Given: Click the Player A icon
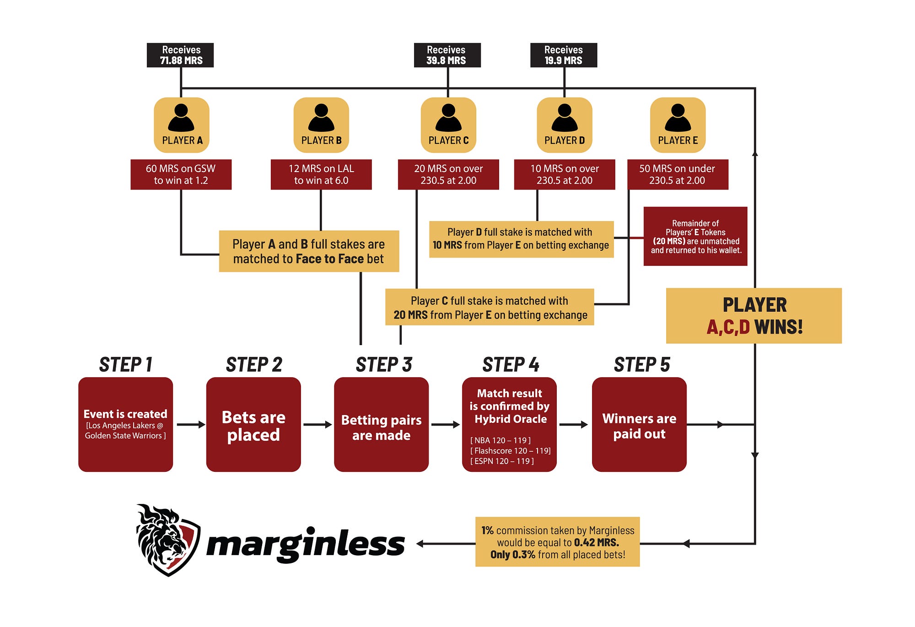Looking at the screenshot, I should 182,124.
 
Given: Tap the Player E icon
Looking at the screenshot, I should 678,124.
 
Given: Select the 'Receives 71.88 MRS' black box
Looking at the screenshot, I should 180,55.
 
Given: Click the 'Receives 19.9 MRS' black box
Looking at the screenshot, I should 564,55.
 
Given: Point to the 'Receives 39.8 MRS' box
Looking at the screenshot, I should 447,55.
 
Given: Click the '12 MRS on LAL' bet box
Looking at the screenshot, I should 321,174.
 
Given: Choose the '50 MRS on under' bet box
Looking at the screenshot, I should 677,174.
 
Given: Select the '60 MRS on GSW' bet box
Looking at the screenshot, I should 181,174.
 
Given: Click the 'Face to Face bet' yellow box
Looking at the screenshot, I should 309,251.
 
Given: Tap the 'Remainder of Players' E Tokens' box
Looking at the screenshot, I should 695,236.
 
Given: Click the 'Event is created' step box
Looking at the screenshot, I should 125,424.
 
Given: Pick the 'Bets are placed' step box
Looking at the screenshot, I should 253,424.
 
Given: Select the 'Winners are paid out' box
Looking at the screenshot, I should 639,424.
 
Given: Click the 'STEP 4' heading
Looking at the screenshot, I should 511,365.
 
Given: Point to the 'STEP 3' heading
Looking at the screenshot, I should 384,365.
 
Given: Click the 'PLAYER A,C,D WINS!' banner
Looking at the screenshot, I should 754,316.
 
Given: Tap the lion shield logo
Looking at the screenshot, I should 167,540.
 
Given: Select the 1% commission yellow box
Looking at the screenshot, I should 557,542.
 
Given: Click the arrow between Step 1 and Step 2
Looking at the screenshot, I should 190,425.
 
